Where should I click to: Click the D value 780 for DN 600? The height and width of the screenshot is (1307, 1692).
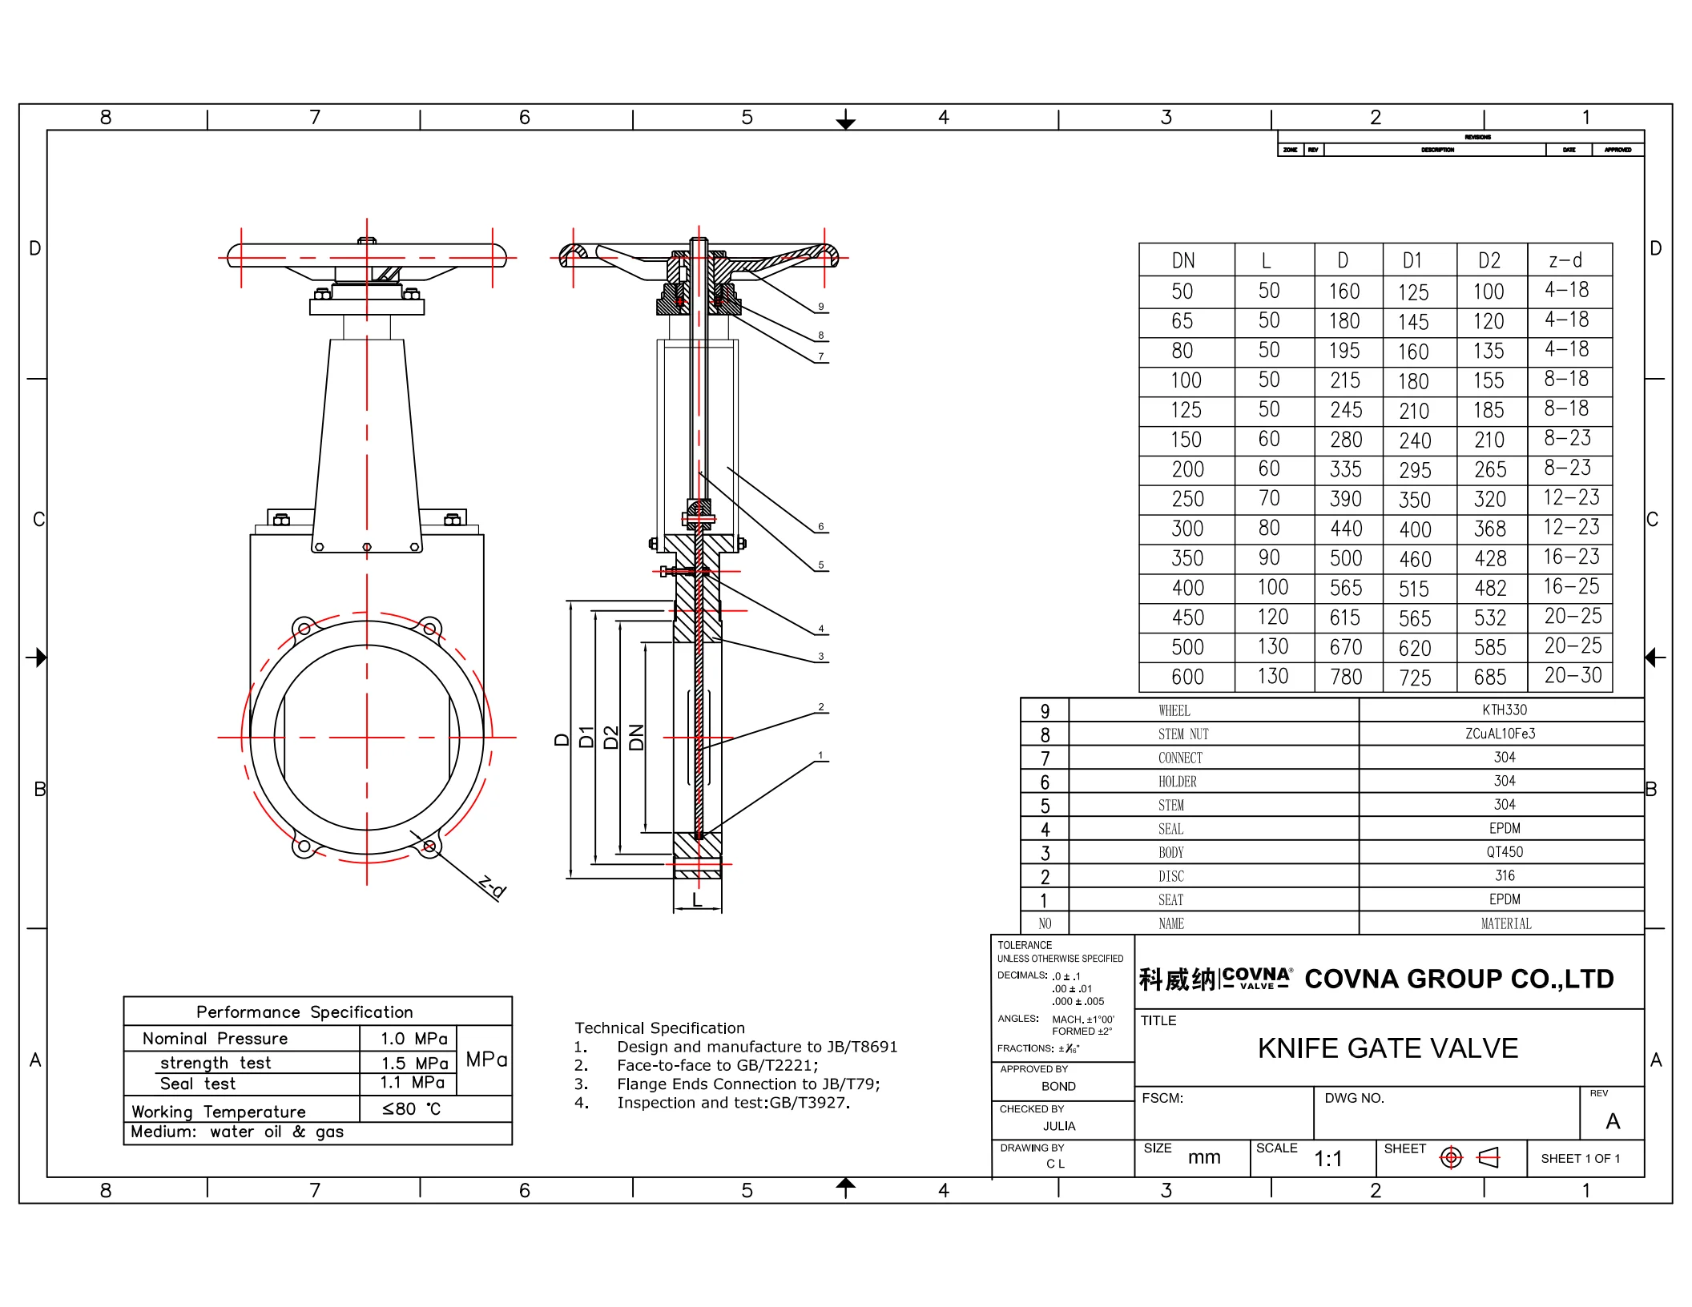pyautogui.click(x=1346, y=677)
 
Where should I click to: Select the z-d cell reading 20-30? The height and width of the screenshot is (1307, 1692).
pyautogui.click(x=1572, y=675)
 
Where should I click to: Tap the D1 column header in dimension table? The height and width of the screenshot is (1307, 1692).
pyautogui.click(x=1412, y=260)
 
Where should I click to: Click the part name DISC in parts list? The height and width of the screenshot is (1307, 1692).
pyautogui.click(x=1170, y=876)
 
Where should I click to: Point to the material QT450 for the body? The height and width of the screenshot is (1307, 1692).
pyautogui.click(x=1505, y=852)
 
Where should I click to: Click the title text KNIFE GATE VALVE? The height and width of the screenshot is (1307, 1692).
pyautogui.click(x=1388, y=1048)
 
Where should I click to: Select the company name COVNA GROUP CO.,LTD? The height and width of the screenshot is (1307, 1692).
pyautogui.click(x=1459, y=979)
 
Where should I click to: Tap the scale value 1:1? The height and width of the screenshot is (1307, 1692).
pyautogui.click(x=1327, y=1159)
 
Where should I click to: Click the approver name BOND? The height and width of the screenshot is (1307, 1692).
pyautogui.click(x=1058, y=1086)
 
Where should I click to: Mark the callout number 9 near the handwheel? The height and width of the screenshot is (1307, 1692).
pyautogui.click(x=820, y=307)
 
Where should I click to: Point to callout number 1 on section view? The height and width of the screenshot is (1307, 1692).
pyautogui.click(x=820, y=755)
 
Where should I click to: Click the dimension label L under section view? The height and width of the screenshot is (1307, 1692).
pyautogui.click(x=697, y=900)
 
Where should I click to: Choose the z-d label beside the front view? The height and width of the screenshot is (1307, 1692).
pyautogui.click(x=492, y=887)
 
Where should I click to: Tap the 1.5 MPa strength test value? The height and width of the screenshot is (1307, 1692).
pyautogui.click(x=414, y=1063)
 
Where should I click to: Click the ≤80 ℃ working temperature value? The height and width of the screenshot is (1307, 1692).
pyautogui.click(x=411, y=1109)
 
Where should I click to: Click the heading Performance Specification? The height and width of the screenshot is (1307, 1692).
pyautogui.click(x=304, y=1011)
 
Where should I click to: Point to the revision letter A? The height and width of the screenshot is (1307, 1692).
pyautogui.click(x=1613, y=1120)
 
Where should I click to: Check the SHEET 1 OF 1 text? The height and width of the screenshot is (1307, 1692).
pyautogui.click(x=1580, y=1159)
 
